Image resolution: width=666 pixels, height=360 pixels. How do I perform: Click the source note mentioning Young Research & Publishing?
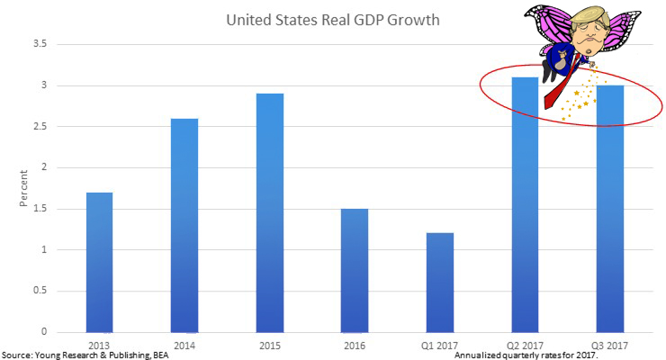click(85, 354)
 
